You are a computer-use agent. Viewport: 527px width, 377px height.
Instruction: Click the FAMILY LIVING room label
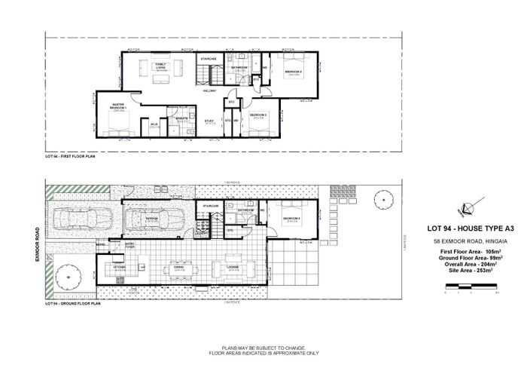click(x=160, y=66)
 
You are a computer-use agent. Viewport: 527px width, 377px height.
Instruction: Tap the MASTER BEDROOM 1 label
click(x=118, y=106)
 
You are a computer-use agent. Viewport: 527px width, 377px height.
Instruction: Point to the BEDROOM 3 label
click(x=293, y=72)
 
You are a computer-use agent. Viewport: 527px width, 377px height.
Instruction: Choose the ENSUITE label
click(x=181, y=119)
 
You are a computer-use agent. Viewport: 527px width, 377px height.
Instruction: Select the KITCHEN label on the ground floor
click(x=119, y=267)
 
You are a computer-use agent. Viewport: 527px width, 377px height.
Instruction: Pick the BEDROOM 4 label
click(x=292, y=219)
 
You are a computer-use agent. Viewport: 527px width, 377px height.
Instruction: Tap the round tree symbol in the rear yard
click(x=384, y=201)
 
